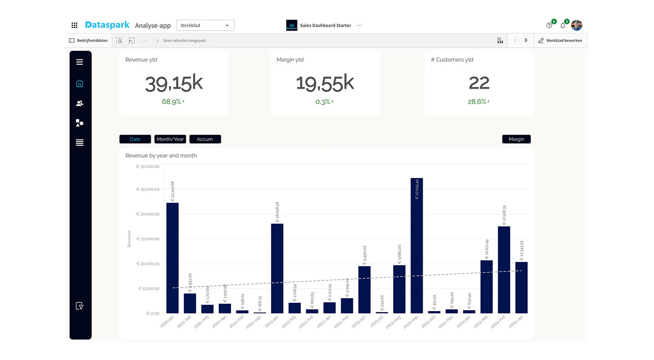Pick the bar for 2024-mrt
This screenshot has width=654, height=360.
click(x=504, y=270)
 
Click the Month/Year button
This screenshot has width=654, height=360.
click(x=170, y=139)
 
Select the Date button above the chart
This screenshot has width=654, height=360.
click(x=135, y=139)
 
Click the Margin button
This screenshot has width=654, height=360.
click(x=516, y=139)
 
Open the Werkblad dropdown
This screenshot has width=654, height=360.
click(x=205, y=25)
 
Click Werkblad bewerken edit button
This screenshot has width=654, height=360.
click(x=560, y=40)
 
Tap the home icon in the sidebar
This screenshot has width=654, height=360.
click(x=80, y=83)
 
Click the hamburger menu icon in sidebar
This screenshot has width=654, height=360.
click(x=80, y=62)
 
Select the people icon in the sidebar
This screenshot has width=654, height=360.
click(x=80, y=103)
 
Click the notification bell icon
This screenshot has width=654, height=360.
click(x=563, y=26)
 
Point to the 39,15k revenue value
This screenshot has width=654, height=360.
click(x=174, y=84)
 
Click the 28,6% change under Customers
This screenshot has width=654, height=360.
click(x=478, y=102)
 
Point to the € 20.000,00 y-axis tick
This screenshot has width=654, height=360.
click(x=148, y=214)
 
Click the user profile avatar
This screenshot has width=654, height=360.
click(x=577, y=25)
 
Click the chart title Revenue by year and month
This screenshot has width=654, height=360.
click(x=161, y=155)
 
